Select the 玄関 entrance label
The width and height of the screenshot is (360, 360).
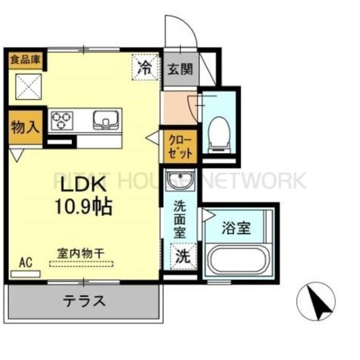coord(179,68)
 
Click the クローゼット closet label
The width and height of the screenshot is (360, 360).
coord(179,145)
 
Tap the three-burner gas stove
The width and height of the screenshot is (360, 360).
coord(61,121)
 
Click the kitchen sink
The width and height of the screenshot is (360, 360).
coord(107,121)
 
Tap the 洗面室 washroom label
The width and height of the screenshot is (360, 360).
coord(180,220)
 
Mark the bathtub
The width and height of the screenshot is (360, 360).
coord(239,260)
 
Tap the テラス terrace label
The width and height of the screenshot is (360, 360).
coord(84,301)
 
